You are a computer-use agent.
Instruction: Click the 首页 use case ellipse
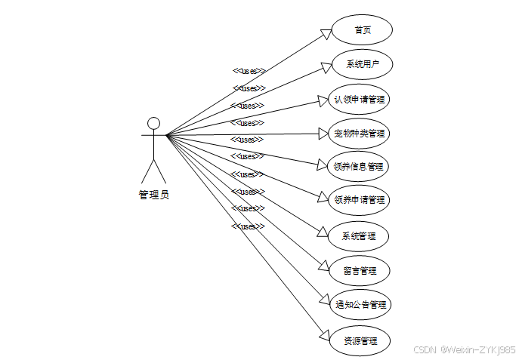tap(363, 30)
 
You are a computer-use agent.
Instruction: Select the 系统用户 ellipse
tap(363, 64)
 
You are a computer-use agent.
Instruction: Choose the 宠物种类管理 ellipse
tap(360, 134)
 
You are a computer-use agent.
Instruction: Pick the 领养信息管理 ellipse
tap(360, 166)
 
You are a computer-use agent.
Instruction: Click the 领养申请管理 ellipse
tap(360, 200)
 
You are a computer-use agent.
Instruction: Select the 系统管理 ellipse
tap(360, 236)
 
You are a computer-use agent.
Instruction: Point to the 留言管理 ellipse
tap(360, 270)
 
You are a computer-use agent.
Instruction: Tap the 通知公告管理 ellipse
tap(361, 305)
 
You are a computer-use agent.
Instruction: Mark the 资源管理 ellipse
tap(360, 340)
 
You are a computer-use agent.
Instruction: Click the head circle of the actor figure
tap(154, 123)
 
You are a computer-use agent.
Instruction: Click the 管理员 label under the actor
tap(154, 195)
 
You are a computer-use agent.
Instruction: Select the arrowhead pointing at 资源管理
tap(323, 336)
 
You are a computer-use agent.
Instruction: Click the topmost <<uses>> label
tap(249, 71)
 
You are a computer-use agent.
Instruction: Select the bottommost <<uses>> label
tap(249, 226)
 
